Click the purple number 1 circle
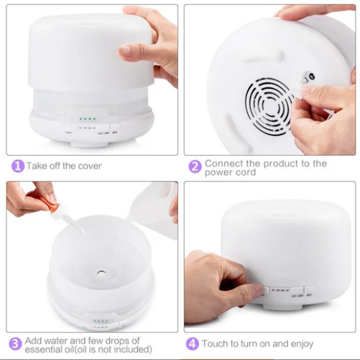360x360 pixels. pyautogui.click(x=18, y=166)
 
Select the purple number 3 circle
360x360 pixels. pyautogui.click(x=16, y=344)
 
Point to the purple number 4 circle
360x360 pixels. pyautogui.click(x=192, y=344)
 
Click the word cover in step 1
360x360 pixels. pyautogui.click(x=89, y=166)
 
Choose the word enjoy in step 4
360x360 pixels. pyautogui.click(x=301, y=344)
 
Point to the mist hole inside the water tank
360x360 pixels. pyautogui.click(x=101, y=271)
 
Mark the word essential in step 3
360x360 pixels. pyautogui.click(x=45, y=350)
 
